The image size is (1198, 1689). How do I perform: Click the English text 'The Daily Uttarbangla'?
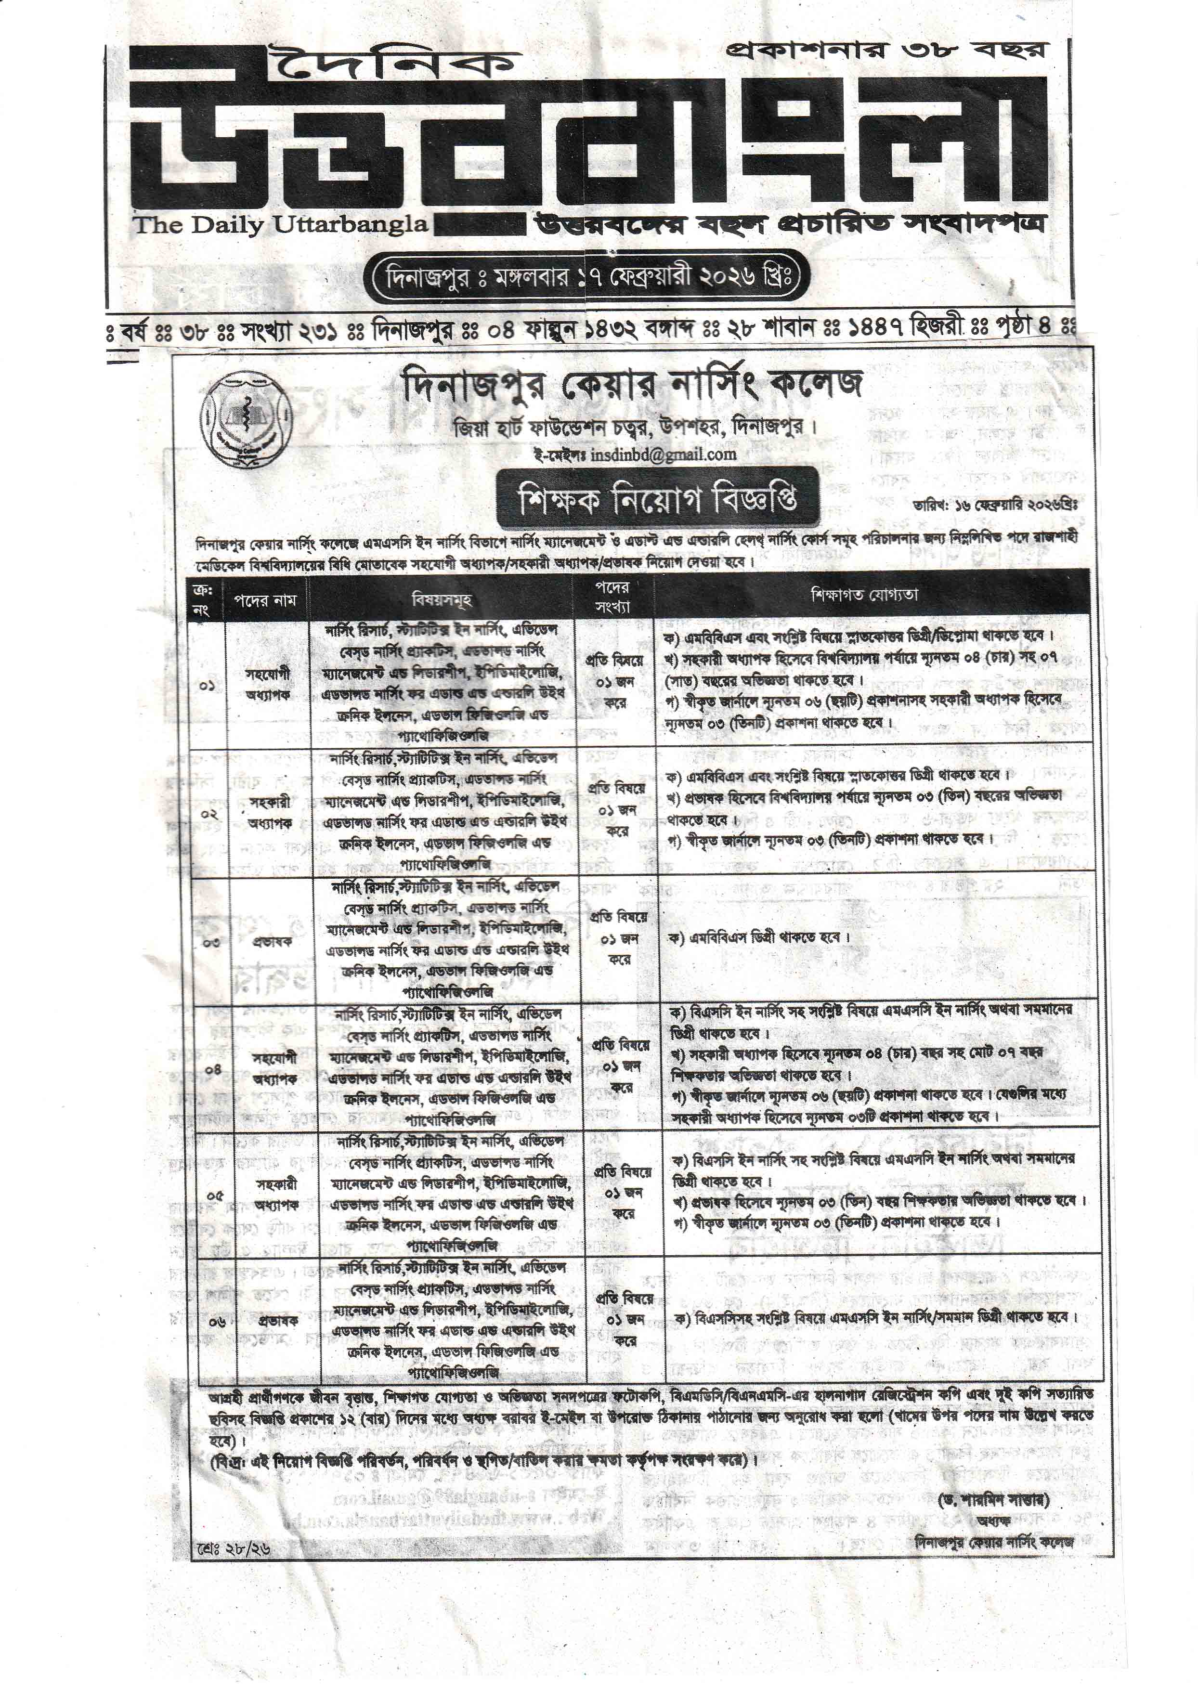[280, 224]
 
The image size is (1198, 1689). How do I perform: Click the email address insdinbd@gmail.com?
[662, 455]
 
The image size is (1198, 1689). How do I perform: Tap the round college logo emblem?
[247, 419]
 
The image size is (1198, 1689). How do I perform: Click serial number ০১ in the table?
[207, 685]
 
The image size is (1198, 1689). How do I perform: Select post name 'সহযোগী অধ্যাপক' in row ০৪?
[274, 1068]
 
